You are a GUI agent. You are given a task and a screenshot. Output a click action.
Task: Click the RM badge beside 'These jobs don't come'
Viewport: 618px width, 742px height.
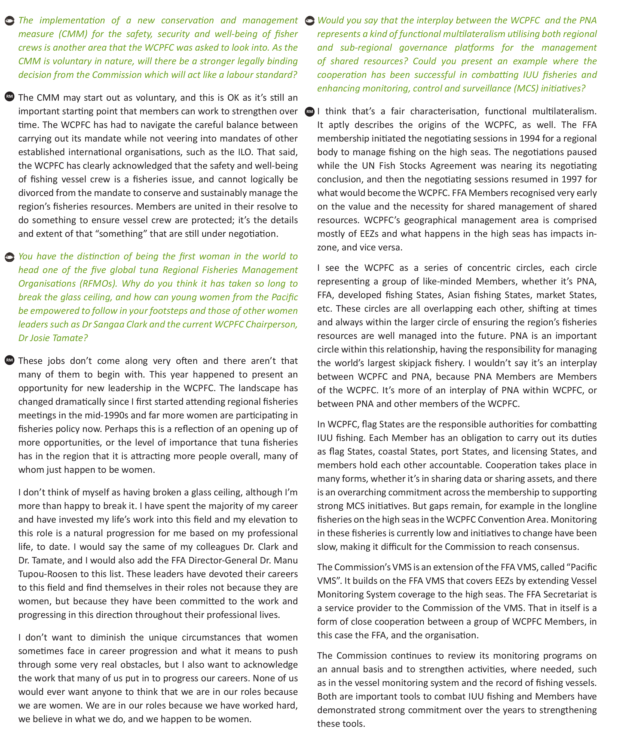pos(10,360)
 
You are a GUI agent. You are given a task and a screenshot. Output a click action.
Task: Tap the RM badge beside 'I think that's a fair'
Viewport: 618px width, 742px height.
pos(310,112)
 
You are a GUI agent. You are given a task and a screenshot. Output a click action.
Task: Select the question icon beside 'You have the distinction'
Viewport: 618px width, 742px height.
pos(10,257)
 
